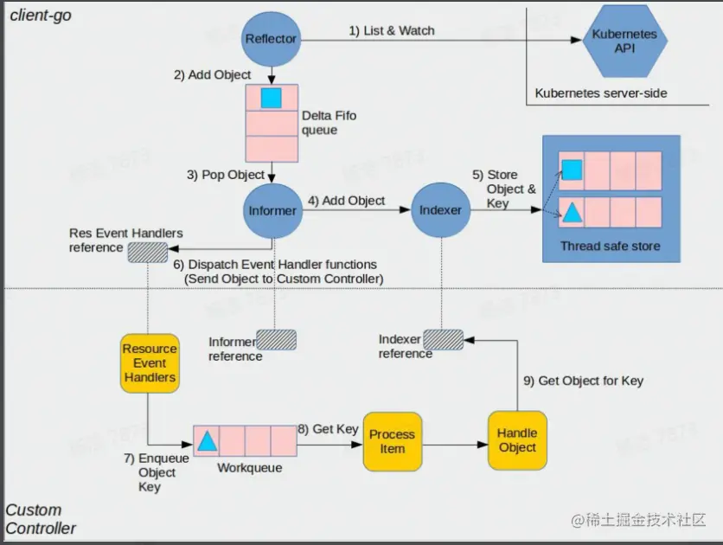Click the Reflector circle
click(x=272, y=38)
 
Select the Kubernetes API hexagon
click(x=624, y=42)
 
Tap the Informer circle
click(x=272, y=210)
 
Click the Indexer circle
click(x=439, y=210)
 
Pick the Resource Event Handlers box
click(x=150, y=363)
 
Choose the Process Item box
click(x=392, y=441)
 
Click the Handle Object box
click(x=517, y=440)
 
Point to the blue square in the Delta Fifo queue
click(x=272, y=98)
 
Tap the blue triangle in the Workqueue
click(x=207, y=441)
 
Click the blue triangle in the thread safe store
click(x=572, y=212)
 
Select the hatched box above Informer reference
click(x=276, y=339)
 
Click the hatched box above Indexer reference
click(x=443, y=339)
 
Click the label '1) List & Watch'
click(x=391, y=31)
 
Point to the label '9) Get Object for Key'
click(x=584, y=381)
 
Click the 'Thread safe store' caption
click(x=610, y=247)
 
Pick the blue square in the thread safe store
click(x=572, y=169)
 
